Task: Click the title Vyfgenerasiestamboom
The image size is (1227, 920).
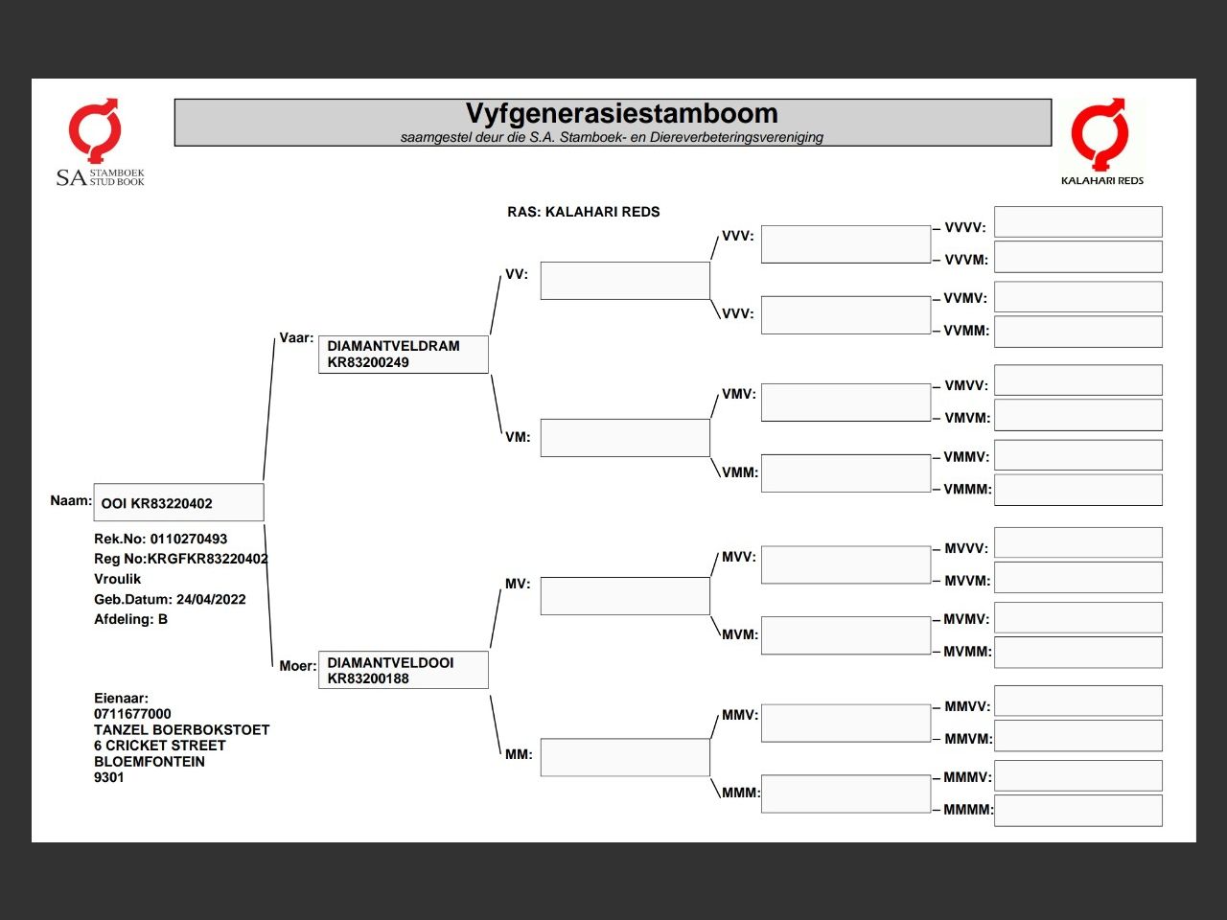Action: pyautogui.click(x=621, y=114)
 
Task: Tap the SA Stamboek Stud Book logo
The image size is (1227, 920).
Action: pyautogui.click(x=98, y=143)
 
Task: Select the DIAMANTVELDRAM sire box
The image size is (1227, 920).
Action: pyautogui.click(x=403, y=355)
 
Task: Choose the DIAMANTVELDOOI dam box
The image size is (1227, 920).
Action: pyautogui.click(x=403, y=671)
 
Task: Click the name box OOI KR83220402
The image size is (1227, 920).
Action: pyautogui.click(x=178, y=503)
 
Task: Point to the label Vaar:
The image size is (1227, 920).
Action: pyautogui.click(x=296, y=338)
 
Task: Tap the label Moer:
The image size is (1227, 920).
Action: pyautogui.click(x=297, y=666)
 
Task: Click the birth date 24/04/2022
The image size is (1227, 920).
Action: pyautogui.click(x=211, y=600)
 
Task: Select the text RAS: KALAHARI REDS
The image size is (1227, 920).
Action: pyautogui.click(x=583, y=212)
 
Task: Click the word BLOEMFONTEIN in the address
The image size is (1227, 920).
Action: pyautogui.click(x=150, y=762)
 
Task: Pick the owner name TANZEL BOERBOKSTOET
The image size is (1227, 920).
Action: pyautogui.click(x=181, y=730)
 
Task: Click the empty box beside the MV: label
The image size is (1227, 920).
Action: pyautogui.click(x=625, y=596)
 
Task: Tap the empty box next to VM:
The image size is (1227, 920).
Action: pyautogui.click(x=625, y=438)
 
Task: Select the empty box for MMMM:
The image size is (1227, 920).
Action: pyautogui.click(x=1077, y=811)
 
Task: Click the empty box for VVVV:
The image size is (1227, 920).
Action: pyautogui.click(x=1077, y=222)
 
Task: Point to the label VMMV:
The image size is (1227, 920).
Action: pyautogui.click(x=966, y=457)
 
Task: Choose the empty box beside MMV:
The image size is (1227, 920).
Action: pyautogui.click(x=845, y=724)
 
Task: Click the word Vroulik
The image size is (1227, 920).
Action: pyautogui.click(x=118, y=580)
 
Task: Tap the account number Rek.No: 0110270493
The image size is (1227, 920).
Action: pyautogui.click(x=161, y=540)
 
